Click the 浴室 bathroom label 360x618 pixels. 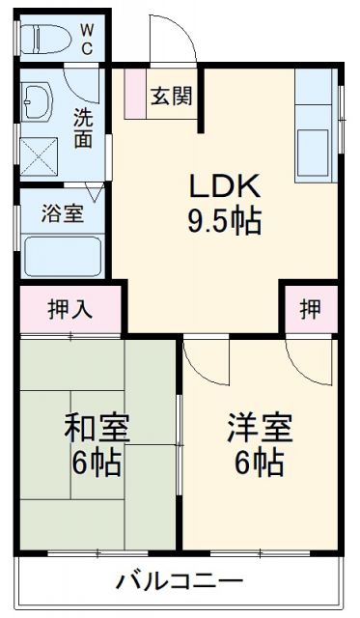pyautogui.click(x=62, y=213)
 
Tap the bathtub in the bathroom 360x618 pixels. pyautogui.click(x=61, y=256)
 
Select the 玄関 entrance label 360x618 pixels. pyautogui.click(x=171, y=98)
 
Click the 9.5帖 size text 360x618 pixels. pyautogui.click(x=224, y=223)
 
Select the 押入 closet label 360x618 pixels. pyautogui.click(x=70, y=309)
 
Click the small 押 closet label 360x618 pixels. pyautogui.click(x=309, y=309)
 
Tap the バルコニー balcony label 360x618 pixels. pyautogui.click(x=180, y=582)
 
